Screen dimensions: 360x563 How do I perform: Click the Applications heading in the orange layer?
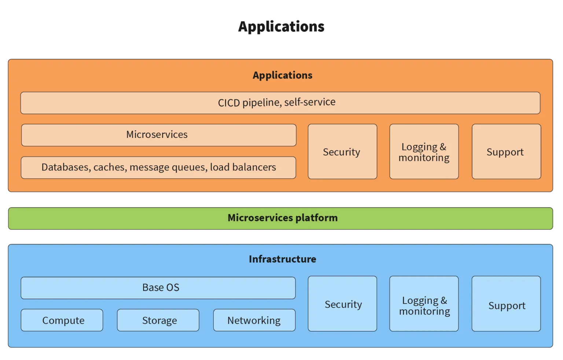(x=282, y=75)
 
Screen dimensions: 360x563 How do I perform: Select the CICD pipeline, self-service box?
(x=280, y=103)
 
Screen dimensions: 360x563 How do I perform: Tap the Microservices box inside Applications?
(x=158, y=135)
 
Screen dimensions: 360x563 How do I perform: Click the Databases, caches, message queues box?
(x=158, y=168)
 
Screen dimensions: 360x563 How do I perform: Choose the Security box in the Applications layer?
(x=342, y=152)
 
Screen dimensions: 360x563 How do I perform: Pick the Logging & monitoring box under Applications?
(x=424, y=152)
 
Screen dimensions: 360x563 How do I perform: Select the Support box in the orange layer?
(x=506, y=152)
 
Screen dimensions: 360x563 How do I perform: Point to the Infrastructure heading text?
(x=282, y=259)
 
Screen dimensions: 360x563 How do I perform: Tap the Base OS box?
(x=158, y=288)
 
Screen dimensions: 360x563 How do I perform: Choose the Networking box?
(x=254, y=320)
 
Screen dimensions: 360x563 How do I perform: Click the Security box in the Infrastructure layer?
(x=342, y=304)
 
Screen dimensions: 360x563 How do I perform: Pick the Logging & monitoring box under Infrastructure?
(x=424, y=304)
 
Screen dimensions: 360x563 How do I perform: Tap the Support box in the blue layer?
(x=506, y=304)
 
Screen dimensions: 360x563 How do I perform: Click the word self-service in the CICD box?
(x=310, y=102)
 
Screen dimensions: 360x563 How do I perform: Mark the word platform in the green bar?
(x=316, y=218)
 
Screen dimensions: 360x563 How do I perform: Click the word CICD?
(x=229, y=103)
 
